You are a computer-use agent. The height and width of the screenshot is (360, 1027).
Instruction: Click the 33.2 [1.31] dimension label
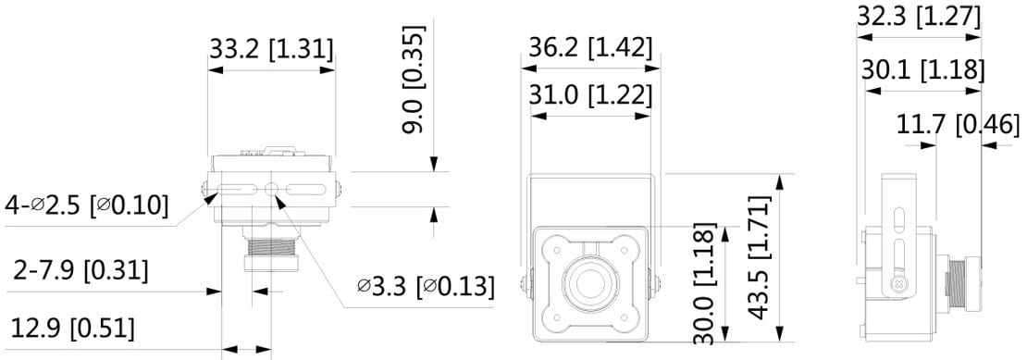tap(271, 49)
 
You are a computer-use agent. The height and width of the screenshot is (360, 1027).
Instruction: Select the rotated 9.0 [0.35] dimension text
tap(414, 80)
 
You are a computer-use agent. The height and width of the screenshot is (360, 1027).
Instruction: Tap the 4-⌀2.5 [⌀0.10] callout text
tap(86, 205)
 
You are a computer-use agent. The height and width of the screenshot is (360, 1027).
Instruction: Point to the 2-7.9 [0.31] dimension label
tap(81, 270)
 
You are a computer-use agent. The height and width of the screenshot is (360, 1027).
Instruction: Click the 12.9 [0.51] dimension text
tap(73, 329)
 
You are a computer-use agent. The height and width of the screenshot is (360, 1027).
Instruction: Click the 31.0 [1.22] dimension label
tap(591, 95)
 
